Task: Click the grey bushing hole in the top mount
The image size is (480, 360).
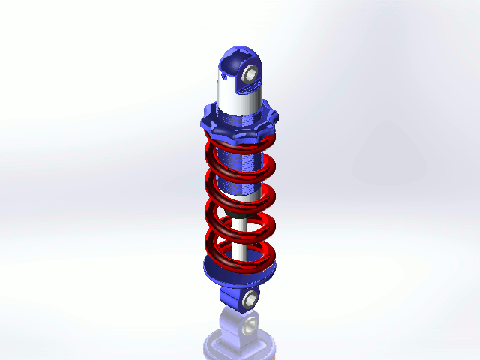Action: (x=250, y=73)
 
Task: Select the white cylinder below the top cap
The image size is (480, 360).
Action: (x=232, y=91)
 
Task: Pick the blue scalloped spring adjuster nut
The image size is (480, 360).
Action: (x=238, y=119)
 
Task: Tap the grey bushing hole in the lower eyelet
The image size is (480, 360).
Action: (x=249, y=298)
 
